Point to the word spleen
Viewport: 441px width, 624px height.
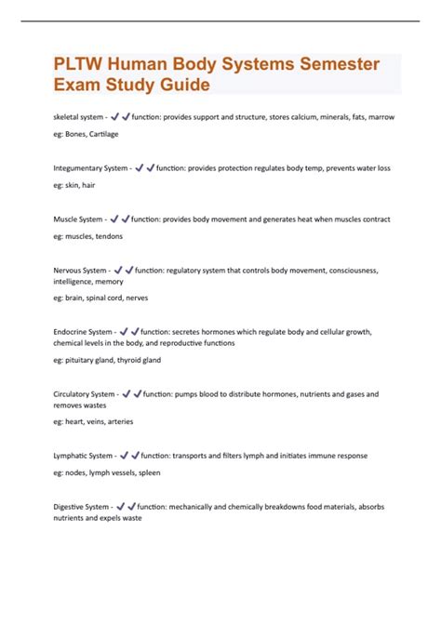tap(149, 473)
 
